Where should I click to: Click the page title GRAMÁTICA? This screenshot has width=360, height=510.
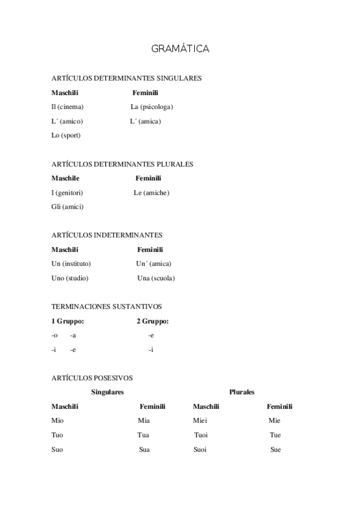[180, 49]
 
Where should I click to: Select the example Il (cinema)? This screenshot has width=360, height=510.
[67, 107]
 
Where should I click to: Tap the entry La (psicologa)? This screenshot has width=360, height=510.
[151, 107]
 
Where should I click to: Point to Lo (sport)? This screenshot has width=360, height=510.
[66, 135]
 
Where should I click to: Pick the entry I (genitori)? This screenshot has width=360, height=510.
[67, 193]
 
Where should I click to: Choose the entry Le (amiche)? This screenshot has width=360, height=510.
[151, 193]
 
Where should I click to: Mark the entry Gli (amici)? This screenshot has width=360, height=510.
[67, 207]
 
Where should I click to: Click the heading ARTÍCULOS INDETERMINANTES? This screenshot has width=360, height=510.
[107, 235]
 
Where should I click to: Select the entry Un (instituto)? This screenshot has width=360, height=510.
[71, 263]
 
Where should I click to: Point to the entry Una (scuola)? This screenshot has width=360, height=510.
[156, 278]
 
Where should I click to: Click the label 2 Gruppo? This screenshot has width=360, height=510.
[152, 321]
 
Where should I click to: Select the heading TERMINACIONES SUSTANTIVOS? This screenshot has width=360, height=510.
[106, 306]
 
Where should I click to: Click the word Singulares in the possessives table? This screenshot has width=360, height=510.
[108, 392]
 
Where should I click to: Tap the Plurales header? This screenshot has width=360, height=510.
[242, 392]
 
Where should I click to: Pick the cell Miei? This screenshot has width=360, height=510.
[200, 421]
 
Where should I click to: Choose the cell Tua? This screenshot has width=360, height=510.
[143, 435]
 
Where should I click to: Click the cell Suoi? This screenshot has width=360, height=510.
[200, 450]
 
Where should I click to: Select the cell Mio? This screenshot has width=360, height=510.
[58, 421]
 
